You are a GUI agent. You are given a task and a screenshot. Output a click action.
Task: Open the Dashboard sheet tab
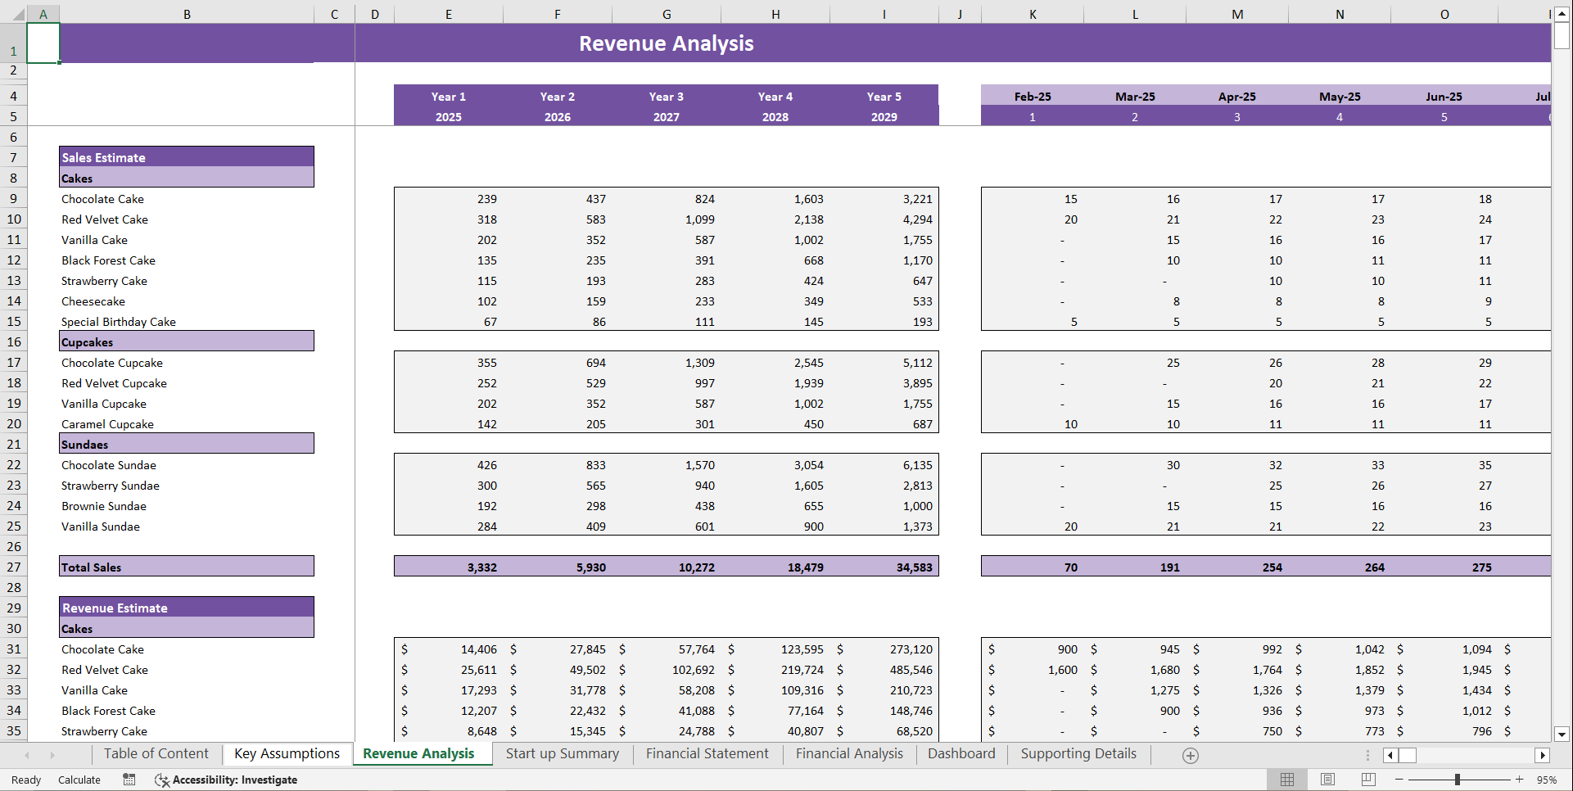[x=961, y=754]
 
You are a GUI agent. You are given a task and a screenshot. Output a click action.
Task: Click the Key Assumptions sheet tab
[x=287, y=754]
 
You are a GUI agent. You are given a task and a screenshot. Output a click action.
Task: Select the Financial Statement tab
[x=707, y=754]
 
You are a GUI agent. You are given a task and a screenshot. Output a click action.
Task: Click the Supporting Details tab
[x=1078, y=754]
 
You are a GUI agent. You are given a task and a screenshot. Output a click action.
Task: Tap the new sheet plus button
[x=1191, y=756]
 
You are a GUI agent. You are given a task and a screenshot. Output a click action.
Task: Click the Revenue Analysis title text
[x=666, y=43]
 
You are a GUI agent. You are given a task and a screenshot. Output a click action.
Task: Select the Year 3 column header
[x=666, y=97]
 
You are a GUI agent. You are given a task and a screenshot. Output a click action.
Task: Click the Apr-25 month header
[x=1236, y=97]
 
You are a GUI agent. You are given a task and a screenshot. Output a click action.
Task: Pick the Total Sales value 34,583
[x=914, y=567]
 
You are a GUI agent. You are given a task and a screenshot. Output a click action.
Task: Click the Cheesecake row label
[x=93, y=301]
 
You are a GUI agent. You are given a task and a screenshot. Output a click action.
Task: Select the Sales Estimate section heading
[x=104, y=157]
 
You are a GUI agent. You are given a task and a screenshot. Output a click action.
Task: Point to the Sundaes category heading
[x=85, y=445]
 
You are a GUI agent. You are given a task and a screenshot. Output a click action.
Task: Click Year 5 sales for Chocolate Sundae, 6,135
[x=917, y=465]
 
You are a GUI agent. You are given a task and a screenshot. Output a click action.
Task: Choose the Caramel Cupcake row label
[x=107, y=424]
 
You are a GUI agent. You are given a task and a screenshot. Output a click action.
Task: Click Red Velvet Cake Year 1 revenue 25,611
[x=478, y=670]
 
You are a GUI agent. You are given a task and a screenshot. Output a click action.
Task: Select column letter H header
[x=775, y=14]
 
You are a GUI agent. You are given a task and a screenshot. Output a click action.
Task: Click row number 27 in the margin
[x=14, y=567]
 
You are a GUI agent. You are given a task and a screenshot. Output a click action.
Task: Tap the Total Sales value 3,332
[x=481, y=567]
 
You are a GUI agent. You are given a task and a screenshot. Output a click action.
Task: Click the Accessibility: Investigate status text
[x=234, y=780]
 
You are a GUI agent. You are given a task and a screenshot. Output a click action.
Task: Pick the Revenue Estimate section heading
[x=115, y=608]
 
